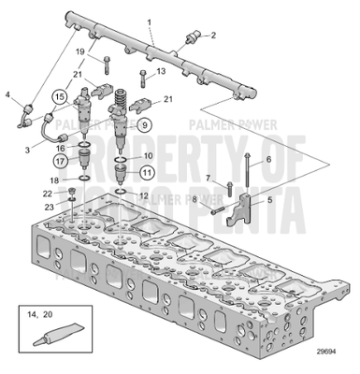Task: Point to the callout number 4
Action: click(x=8, y=93)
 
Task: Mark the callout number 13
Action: click(x=161, y=71)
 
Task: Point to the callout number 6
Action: click(x=268, y=160)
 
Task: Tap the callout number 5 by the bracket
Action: click(x=268, y=198)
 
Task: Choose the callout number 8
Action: click(x=194, y=199)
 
